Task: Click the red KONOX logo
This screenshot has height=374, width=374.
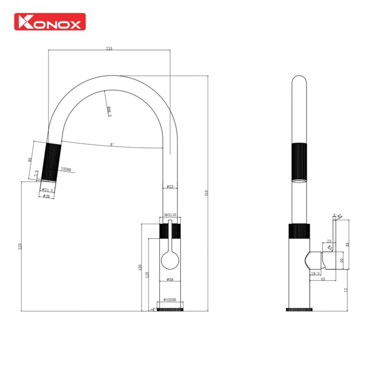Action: coord(50,22)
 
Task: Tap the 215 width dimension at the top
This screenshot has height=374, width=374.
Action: coord(109,48)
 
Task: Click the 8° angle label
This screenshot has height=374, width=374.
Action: coord(112,144)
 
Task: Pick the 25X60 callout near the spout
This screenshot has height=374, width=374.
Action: coord(66,169)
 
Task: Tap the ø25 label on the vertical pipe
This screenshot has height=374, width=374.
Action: coord(170,187)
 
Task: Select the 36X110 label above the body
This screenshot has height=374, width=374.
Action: coord(170,215)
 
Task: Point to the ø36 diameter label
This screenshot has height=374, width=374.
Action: coord(170,280)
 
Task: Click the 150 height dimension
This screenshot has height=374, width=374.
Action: coord(139,267)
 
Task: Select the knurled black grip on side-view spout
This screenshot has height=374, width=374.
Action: coord(300,161)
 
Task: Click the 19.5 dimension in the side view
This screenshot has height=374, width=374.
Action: coord(315,273)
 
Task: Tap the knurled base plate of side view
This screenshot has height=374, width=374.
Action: coord(299,309)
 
